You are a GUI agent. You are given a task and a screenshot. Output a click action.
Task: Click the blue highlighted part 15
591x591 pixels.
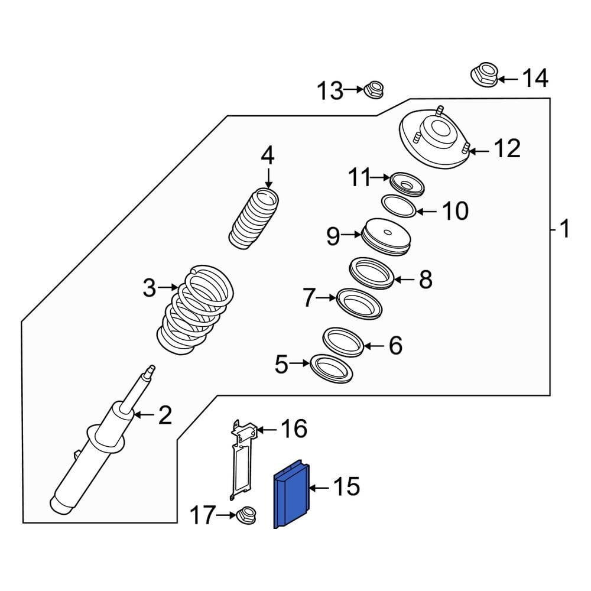click(291, 497)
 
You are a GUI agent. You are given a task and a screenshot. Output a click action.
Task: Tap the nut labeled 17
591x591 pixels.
click(245, 516)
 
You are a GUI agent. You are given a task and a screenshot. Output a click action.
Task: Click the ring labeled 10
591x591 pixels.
click(398, 206)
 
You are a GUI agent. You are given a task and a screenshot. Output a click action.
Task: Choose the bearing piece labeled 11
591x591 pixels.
click(407, 184)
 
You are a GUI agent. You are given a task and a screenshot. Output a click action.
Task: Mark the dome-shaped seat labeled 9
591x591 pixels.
click(385, 237)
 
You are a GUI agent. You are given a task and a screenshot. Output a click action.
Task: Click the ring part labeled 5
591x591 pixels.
click(331, 368)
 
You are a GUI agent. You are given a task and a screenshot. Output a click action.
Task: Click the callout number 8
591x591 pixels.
click(426, 280)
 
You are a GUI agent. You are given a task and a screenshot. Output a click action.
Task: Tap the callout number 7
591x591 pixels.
click(309, 298)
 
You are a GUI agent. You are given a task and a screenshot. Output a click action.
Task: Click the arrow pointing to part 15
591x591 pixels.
click(319, 488)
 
